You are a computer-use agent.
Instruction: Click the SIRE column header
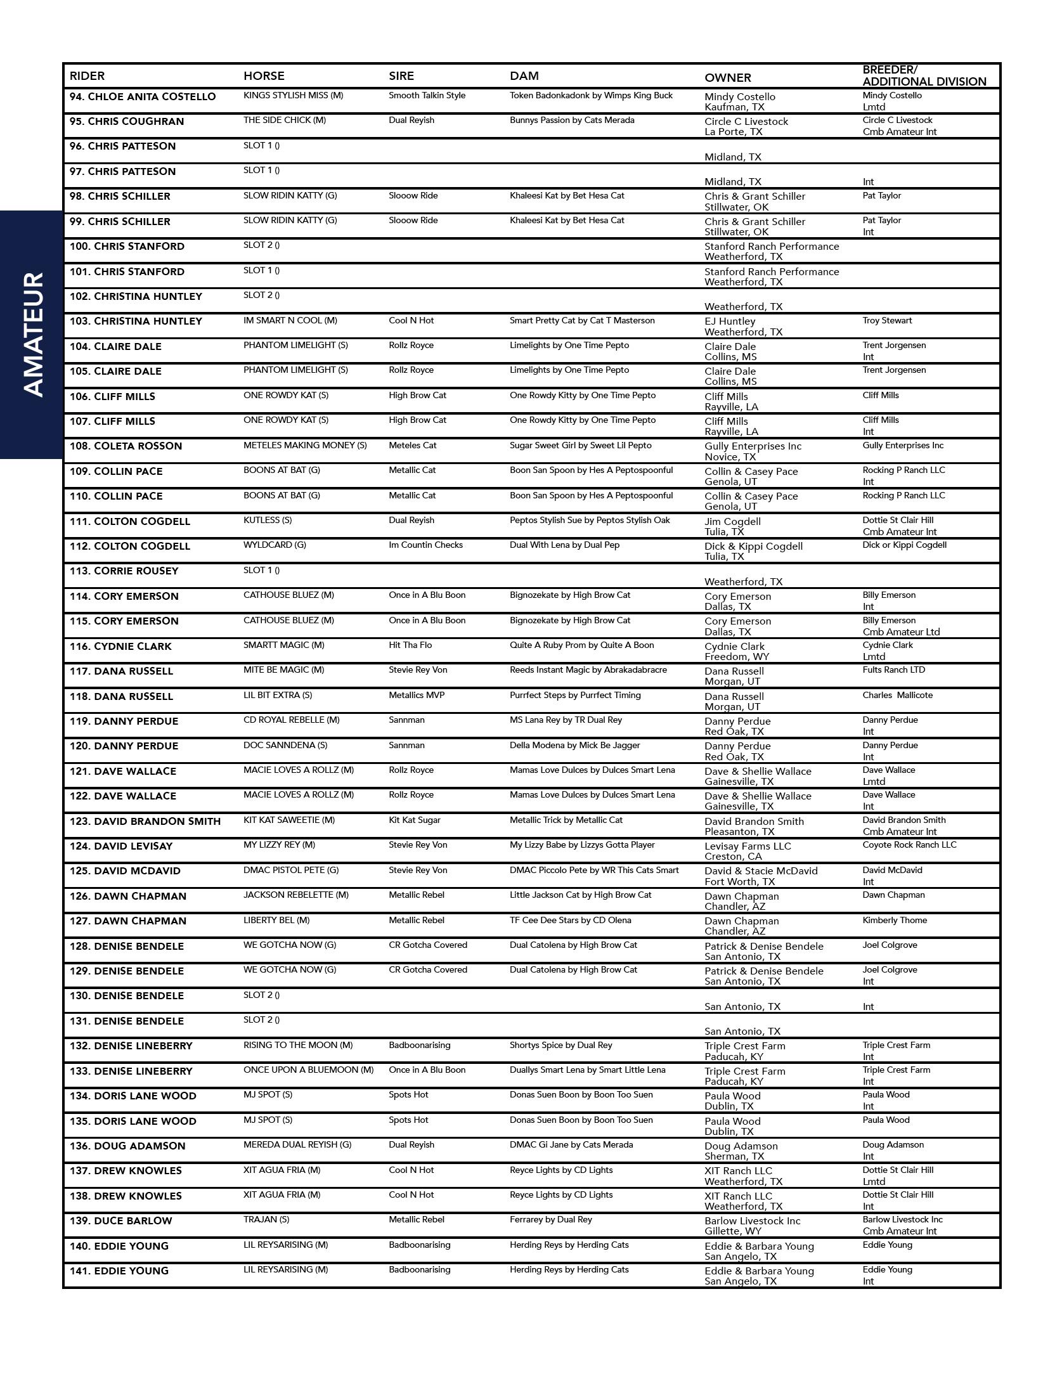pyautogui.click(x=401, y=76)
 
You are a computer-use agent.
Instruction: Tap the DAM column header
pyautogui.click(x=524, y=76)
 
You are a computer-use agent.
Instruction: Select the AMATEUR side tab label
pyautogui.click(x=32, y=334)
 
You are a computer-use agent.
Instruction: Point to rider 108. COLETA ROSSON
pyautogui.click(x=126, y=446)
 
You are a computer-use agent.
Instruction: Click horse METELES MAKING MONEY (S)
pyautogui.click(x=305, y=445)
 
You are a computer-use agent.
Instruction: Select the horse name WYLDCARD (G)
pyautogui.click(x=275, y=545)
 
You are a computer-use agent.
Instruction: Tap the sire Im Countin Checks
pyautogui.click(x=425, y=545)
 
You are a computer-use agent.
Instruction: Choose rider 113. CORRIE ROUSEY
pyautogui.click(x=124, y=571)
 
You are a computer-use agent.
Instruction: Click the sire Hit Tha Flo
pyautogui.click(x=410, y=645)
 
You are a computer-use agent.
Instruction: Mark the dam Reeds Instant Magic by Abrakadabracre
pyautogui.click(x=588, y=670)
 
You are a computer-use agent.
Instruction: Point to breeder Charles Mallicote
pyautogui.click(x=897, y=695)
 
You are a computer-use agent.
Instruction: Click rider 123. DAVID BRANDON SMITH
pyautogui.click(x=145, y=821)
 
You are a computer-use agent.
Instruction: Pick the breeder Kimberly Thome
pyautogui.click(x=894, y=920)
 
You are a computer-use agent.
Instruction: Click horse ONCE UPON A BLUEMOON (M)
pyautogui.click(x=308, y=1070)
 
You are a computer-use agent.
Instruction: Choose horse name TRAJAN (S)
pyautogui.click(x=266, y=1219)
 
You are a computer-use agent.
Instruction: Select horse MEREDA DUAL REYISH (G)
pyautogui.click(x=297, y=1144)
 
